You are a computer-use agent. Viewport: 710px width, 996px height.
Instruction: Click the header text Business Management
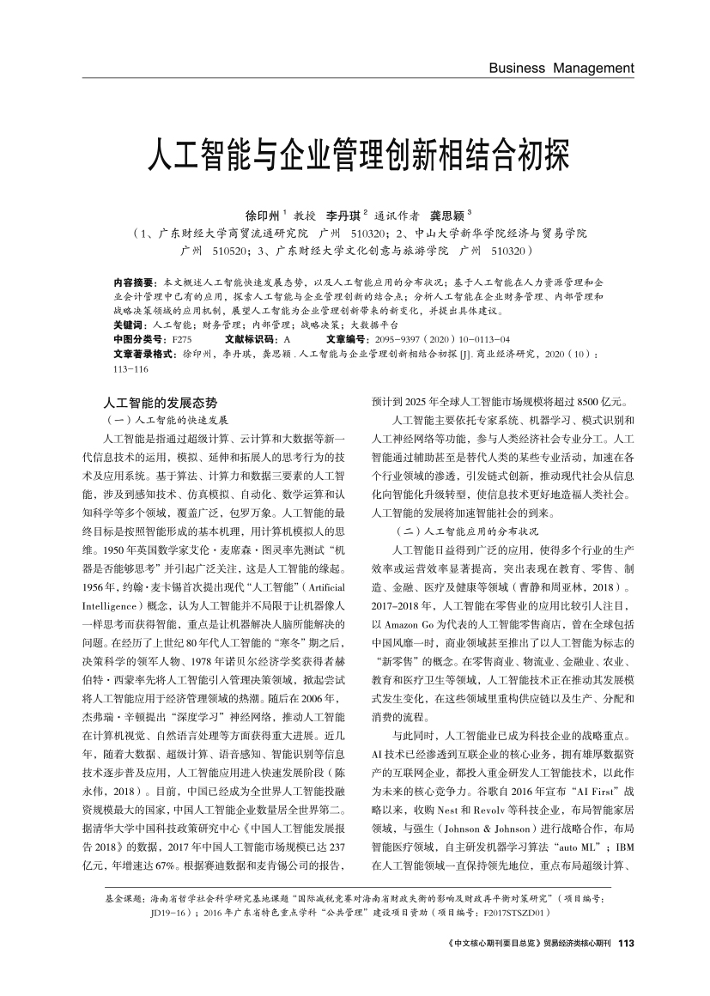click(x=561, y=68)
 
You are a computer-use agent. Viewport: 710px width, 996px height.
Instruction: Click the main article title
click(x=355, y=155)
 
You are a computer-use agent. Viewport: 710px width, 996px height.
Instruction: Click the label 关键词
click(x=130, y=326)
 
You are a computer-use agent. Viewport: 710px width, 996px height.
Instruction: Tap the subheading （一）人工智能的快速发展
click(x=165, y=420)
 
